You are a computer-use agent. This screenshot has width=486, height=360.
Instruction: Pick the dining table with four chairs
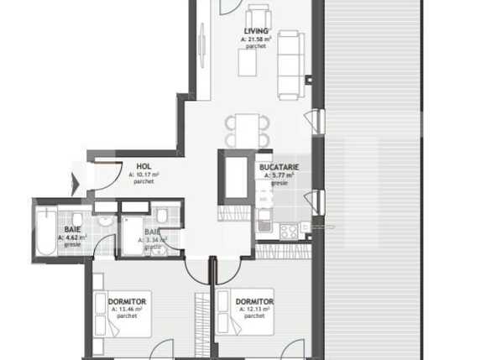click(247, 131)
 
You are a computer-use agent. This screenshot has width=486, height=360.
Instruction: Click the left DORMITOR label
click(128, 301)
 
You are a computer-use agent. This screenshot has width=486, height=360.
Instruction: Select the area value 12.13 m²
click(255, 309)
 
